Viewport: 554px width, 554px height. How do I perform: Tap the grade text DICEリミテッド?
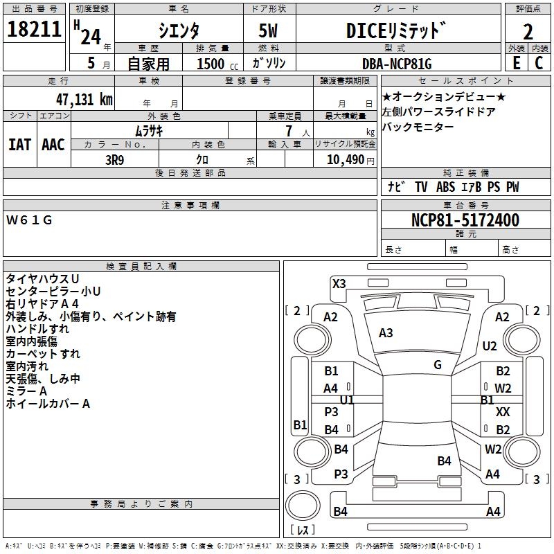396,31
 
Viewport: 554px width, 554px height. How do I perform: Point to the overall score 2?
528,32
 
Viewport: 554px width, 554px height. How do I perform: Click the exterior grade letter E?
516,63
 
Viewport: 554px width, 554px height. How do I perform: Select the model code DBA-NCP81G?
397,64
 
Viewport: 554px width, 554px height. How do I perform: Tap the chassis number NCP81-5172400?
465,220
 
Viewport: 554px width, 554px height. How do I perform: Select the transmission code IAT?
19,144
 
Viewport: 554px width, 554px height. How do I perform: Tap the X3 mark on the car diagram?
339,283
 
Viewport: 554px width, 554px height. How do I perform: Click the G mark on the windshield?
438,364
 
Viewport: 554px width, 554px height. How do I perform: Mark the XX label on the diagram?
503,411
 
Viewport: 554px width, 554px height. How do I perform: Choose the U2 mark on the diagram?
490,346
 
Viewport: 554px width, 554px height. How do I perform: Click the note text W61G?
30,220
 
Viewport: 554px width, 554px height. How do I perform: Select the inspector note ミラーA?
27,391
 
